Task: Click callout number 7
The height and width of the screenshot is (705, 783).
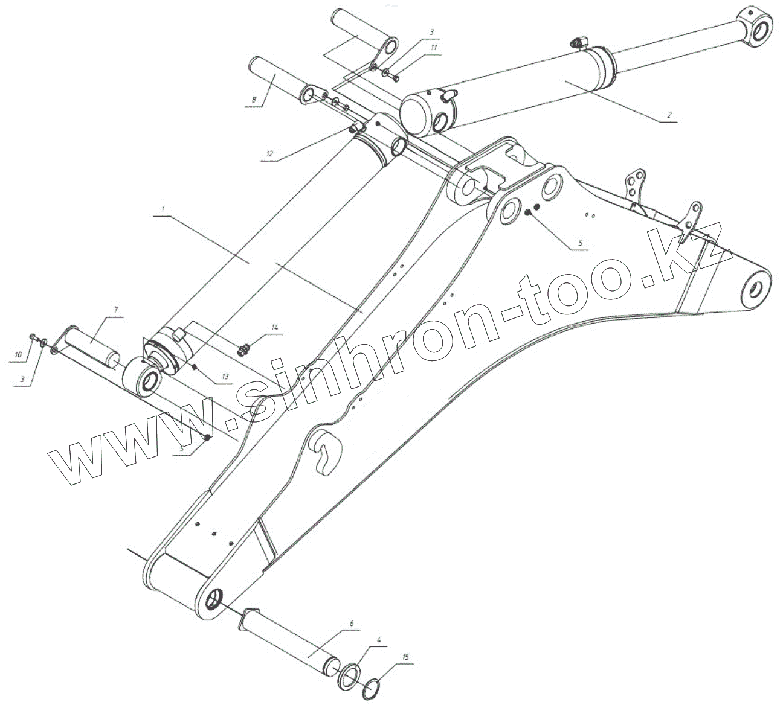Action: click(x=114, y=309)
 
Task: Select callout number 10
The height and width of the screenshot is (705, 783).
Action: click(x=18, y=354)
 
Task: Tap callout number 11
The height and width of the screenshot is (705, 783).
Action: click(x=433, y=47)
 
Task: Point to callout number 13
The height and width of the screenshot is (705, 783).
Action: click(x=225, y=377)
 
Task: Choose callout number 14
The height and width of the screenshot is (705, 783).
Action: click(x=275, y=327)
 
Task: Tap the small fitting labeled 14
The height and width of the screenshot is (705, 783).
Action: click(x=245, y=349)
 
